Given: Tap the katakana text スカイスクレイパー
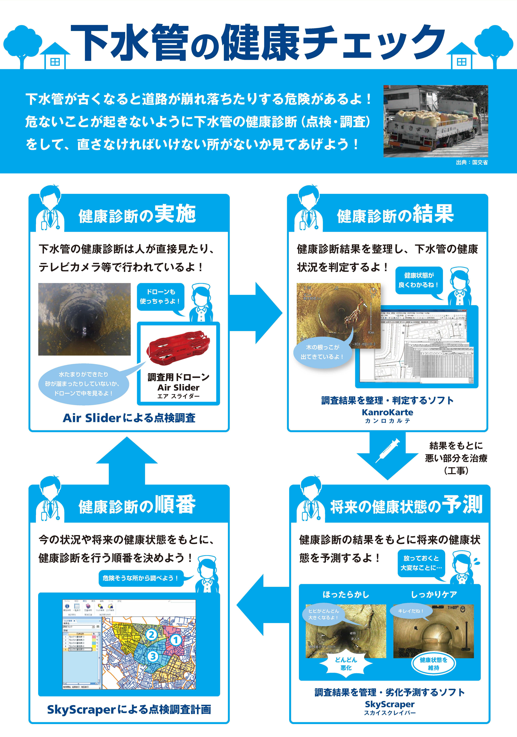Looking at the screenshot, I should [x=389, y=713].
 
